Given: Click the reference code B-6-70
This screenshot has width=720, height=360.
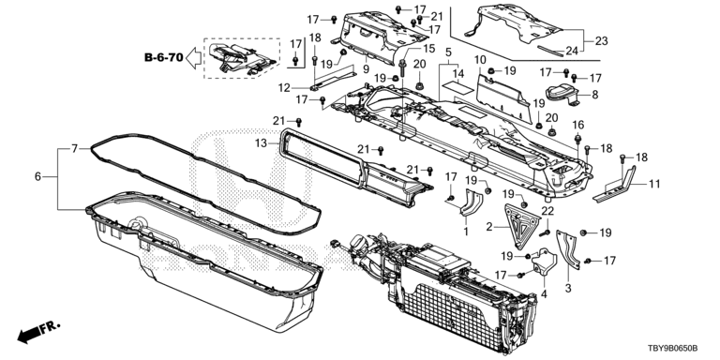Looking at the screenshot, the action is coord(164,58).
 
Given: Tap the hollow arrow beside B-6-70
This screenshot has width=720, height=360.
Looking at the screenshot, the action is coord(193,58).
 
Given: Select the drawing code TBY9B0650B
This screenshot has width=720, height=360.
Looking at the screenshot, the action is coord(676,351).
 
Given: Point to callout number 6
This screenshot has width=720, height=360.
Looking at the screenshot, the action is coord(37,176).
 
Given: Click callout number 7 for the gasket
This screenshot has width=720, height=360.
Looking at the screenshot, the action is coord(74,148).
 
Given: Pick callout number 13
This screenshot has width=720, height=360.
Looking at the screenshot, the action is coord(262,143).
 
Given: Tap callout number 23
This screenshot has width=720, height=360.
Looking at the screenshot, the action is coord(602,41).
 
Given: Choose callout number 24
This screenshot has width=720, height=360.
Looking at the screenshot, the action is coord(571,51).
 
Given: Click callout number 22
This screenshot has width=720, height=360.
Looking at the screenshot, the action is coord(548,212).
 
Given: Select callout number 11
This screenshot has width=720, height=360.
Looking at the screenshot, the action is coord(654,185).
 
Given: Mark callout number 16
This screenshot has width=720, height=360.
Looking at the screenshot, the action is coord(578,125).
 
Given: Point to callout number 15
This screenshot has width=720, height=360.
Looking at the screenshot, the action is coord(428,49).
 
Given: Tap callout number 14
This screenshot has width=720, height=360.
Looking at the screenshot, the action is coord(458,73).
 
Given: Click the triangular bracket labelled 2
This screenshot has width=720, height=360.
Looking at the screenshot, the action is coord(520,226).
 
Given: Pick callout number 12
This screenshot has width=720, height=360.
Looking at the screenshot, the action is coord(285,86).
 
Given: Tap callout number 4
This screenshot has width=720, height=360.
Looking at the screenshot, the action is coord(544,293).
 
